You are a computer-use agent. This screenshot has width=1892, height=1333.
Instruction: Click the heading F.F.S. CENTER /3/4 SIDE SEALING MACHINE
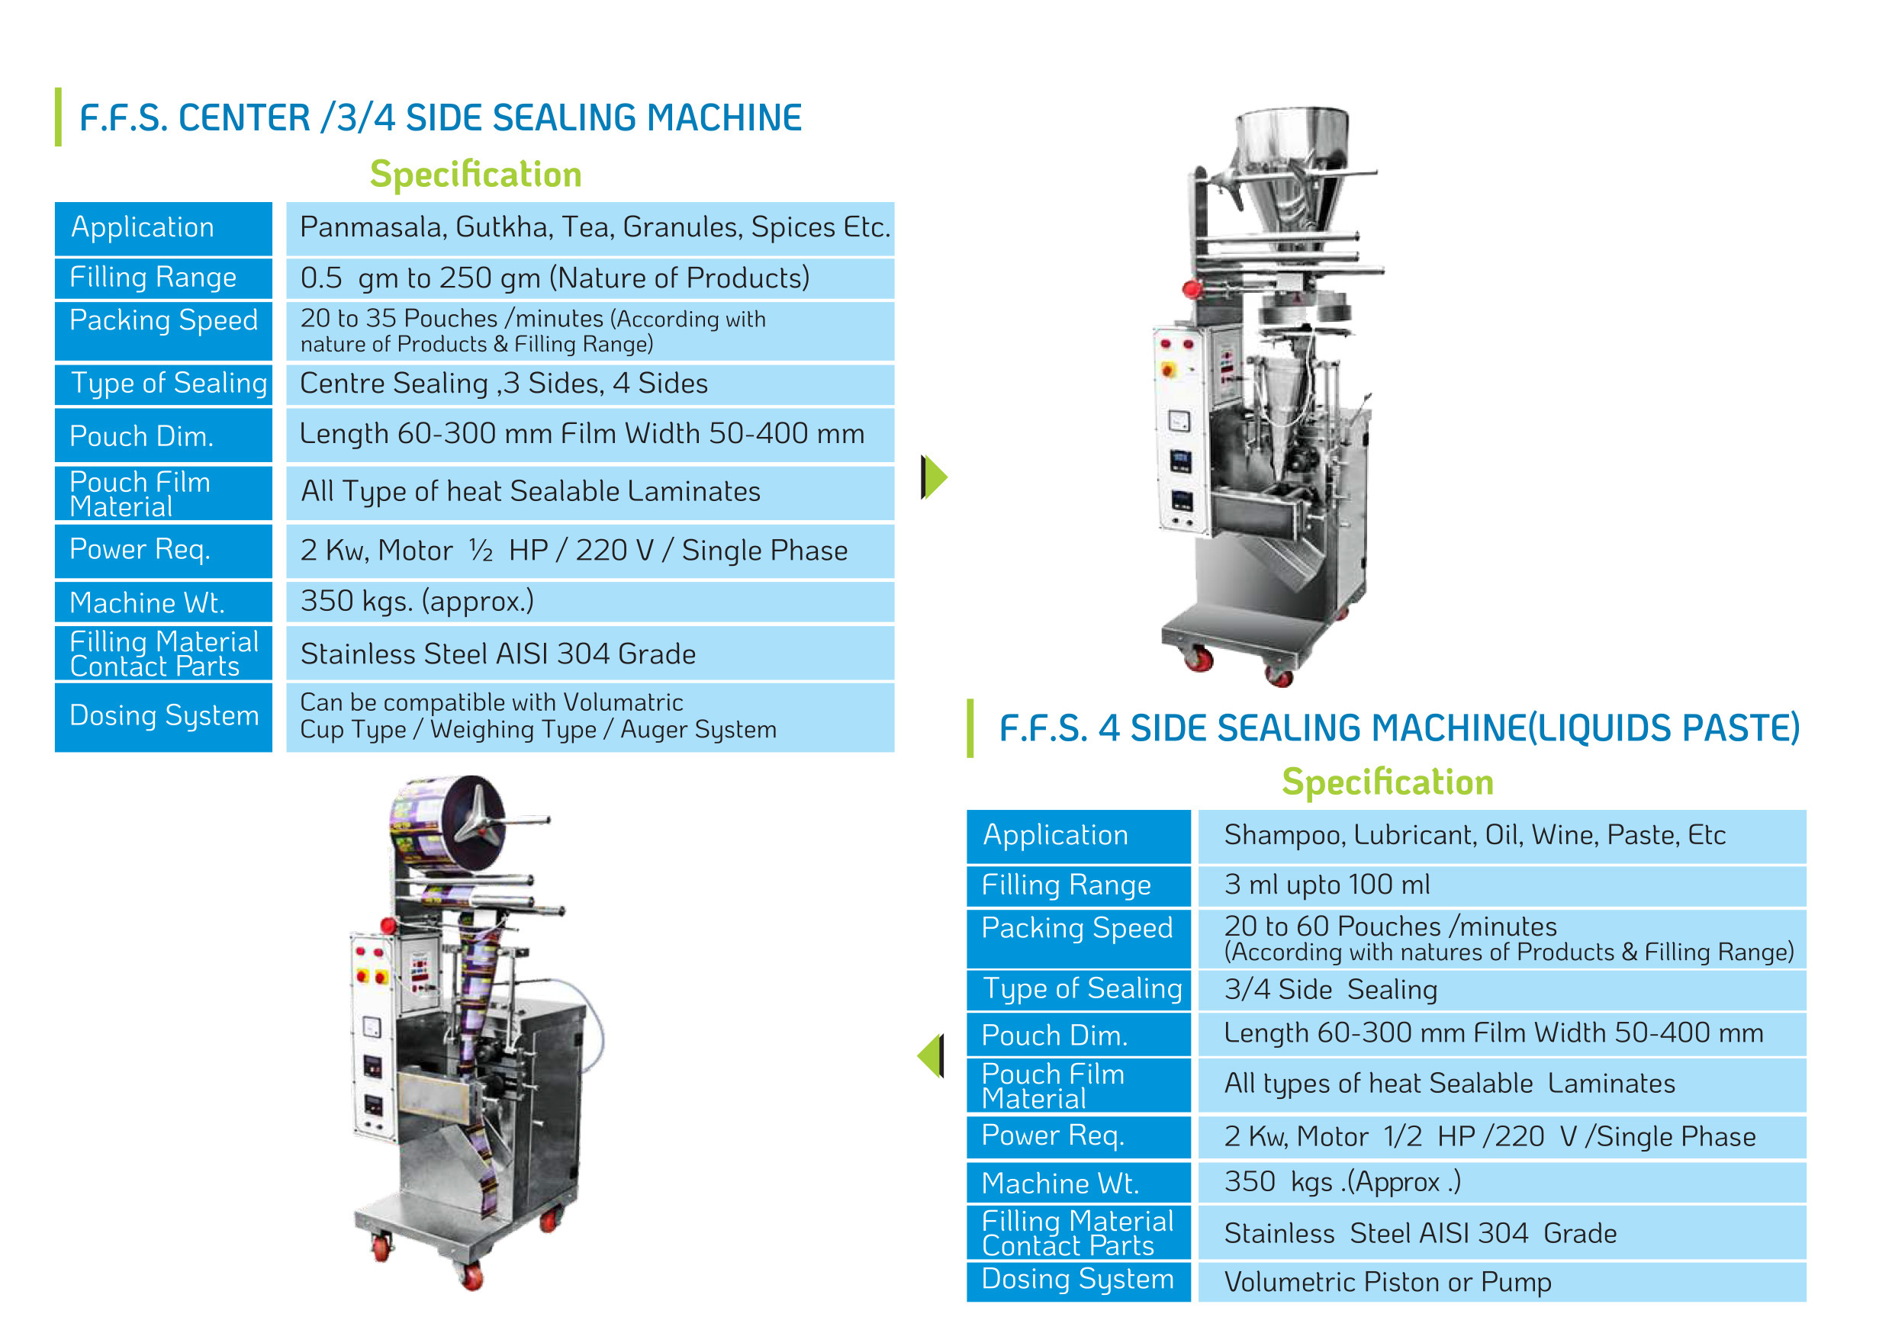tap(440, 117)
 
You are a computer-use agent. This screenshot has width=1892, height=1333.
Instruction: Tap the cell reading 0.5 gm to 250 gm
tap(590, 278)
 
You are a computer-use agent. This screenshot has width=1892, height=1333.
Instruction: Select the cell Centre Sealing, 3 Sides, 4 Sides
tap(590, 384)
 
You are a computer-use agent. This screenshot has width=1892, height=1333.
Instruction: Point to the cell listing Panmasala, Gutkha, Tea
tap(590, 228)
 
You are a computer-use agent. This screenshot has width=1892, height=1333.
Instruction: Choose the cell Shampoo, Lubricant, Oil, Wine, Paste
tap(1501, 837)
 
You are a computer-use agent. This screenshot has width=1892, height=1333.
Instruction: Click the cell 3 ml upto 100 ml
tap(1501, 885)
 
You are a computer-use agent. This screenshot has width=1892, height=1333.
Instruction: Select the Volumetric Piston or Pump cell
tap(1501, 1282)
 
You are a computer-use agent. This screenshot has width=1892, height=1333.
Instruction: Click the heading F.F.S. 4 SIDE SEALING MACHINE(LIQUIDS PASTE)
tap(1399, 728)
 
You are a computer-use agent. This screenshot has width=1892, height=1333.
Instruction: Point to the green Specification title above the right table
tap(1388, 782)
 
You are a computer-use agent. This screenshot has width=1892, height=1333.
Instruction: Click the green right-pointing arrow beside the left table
tap(935, 477)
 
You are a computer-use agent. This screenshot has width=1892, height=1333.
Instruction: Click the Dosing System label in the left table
tap(163, 717)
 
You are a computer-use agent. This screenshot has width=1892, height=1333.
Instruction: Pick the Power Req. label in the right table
tap(1079, 1137)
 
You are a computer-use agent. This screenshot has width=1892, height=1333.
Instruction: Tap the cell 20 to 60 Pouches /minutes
tap(1501, 939)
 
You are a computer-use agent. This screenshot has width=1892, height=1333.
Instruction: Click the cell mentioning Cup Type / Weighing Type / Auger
tap(590, 717)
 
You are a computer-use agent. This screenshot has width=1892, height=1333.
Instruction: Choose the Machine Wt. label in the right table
tap(1079, 1183)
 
